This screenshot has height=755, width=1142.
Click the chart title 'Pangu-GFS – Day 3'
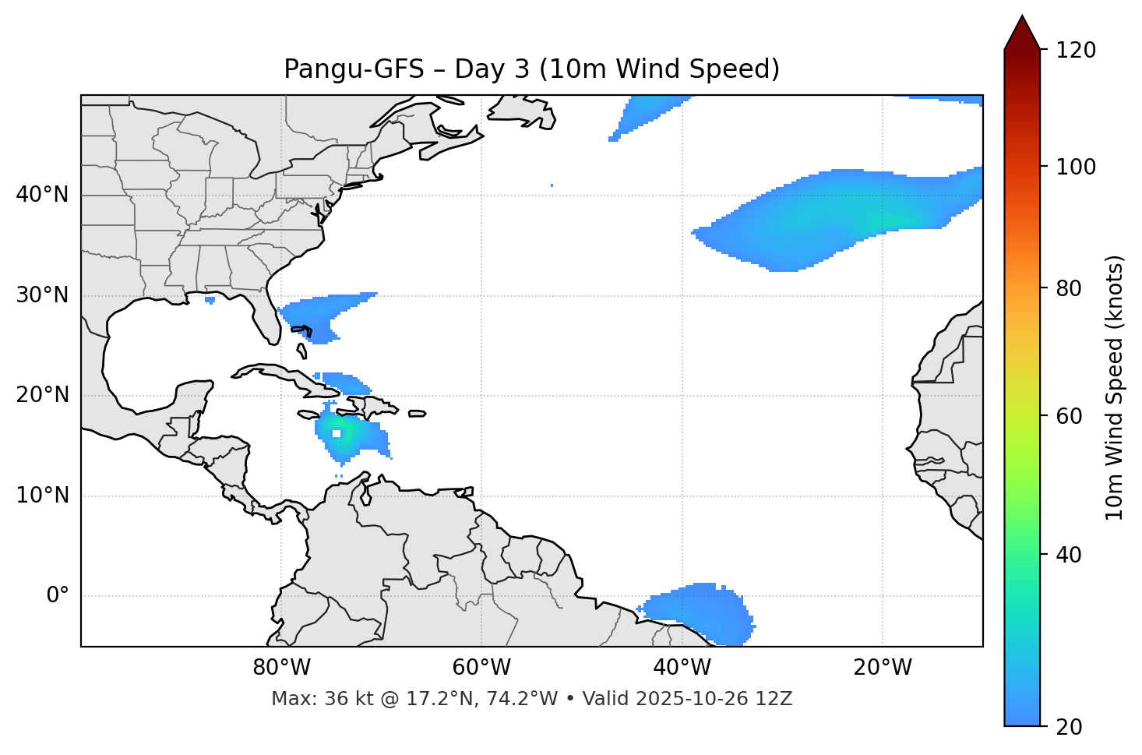coord(531,69)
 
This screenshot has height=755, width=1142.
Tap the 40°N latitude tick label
coord(42,195)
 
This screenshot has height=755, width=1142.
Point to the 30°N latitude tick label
coord(42,295)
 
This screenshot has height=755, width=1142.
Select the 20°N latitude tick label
coord(42,395)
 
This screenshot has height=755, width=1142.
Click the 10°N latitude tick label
coord(42,496)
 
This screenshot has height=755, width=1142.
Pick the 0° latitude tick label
coord(58,596)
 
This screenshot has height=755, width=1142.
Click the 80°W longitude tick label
coord(281,668)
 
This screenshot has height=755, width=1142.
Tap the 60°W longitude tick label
coord(481,668)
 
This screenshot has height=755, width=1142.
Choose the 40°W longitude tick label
coord(682,668)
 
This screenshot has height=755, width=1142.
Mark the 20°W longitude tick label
coord(882,668)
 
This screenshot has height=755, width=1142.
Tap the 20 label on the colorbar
coord(1070,727)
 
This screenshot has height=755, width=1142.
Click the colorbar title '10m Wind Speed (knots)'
coord(1115,387)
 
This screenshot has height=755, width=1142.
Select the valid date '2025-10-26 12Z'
coord(714,699)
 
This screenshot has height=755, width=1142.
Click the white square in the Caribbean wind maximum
coord(337,434)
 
